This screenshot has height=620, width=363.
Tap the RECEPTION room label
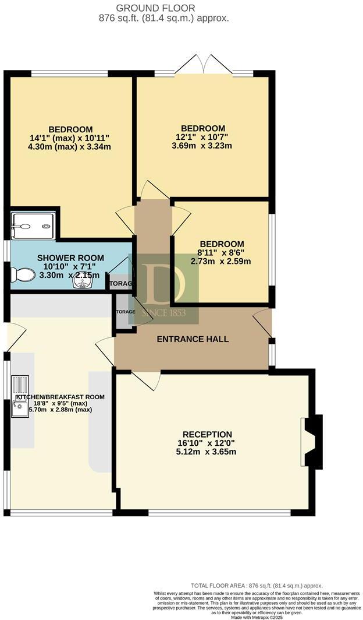click(x=207, y=434)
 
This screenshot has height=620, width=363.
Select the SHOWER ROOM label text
click(x=70, y=258)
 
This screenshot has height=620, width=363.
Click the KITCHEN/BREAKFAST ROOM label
click(x=60, y=397)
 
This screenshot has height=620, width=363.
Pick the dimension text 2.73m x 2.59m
click(x=221, y=261)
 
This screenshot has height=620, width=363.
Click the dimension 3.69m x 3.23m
click(x=202, y=146)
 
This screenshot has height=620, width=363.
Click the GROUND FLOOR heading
click(x=155, y=8)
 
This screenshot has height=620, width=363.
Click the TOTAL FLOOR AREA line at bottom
click(x=257, y=586)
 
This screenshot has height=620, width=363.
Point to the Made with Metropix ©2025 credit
click(x=257, y=617)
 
